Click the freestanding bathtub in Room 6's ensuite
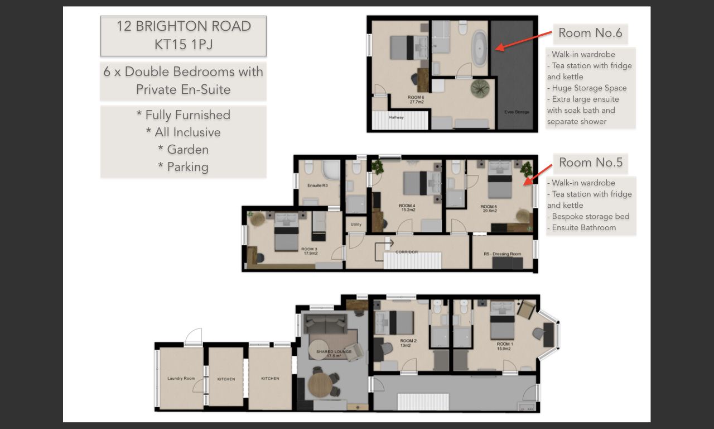point(479,49)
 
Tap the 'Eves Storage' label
point(517,112)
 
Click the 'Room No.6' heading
point(590,33)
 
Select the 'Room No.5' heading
point(591,163)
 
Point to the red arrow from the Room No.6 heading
point(524,41)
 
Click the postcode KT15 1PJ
point(184,44)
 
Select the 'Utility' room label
point(356,225)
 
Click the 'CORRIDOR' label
point(407,252)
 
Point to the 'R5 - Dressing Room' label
point(503,254)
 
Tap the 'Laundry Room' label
point(181,379)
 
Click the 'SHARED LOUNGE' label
point(334,351)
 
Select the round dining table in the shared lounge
point(320,385)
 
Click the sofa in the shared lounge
point(325,323)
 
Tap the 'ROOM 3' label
point(309,249)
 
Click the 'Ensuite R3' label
point(317,185)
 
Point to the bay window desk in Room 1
point(549,335)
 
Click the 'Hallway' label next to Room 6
point(396,117)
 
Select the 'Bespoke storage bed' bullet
point(588,216)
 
